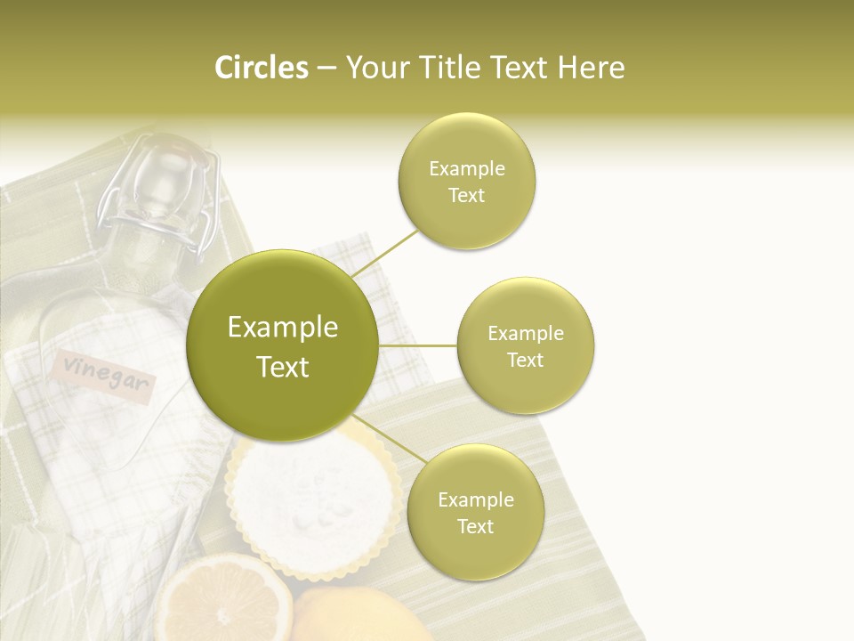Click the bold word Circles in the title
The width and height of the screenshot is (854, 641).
pos(262,68)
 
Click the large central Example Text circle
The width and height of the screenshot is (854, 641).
pos(282,346)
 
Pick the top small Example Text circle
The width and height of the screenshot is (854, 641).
pos(467,182)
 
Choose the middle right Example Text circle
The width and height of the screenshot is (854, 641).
pos(526,346)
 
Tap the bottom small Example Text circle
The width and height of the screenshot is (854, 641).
pos(475,512)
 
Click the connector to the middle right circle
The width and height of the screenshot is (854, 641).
pos(417,345)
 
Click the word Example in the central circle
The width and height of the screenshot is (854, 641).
pos(282,328)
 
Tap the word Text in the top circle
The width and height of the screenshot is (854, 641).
pos(467,196)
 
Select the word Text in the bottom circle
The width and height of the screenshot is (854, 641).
pos(475,526)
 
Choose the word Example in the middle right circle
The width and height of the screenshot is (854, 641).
pos(526,334)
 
